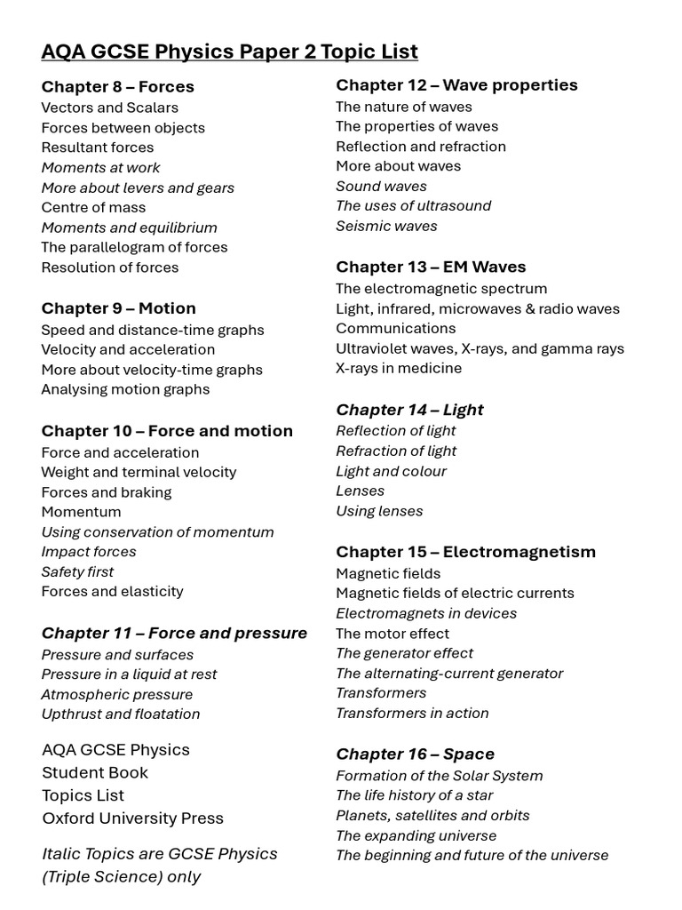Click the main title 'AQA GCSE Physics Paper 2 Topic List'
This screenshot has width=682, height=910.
229,52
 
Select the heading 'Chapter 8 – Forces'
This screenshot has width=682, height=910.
117,86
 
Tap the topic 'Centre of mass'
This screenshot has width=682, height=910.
93,207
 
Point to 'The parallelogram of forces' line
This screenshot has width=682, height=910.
134,247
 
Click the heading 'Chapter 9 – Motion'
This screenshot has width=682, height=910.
118,308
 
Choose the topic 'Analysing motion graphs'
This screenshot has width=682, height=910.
125,389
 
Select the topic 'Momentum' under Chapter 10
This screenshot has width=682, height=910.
81,512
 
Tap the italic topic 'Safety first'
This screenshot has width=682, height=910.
77,571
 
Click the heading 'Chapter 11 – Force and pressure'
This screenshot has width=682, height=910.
174,633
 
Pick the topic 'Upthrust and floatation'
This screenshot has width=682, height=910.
121,714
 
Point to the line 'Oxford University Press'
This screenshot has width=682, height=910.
132,818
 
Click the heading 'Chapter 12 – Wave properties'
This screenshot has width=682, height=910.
456,84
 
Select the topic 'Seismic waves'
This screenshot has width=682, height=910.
386,226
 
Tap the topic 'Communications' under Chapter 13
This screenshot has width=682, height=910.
396,328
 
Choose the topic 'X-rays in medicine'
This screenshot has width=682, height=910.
399,368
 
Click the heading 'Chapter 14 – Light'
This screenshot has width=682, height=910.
409,410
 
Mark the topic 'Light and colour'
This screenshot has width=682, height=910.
391,471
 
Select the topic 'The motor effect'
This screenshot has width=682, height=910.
393,634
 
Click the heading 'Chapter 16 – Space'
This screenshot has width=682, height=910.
415,754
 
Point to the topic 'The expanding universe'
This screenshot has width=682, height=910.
416,835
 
